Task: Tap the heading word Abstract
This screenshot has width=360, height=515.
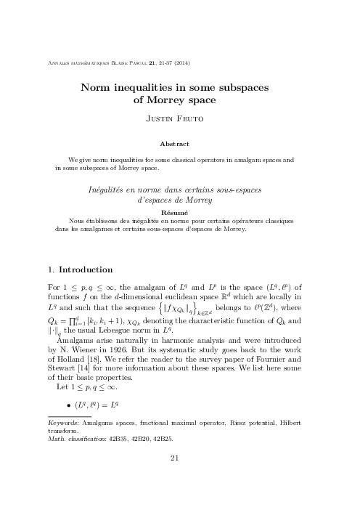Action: [x=179, y=144]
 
